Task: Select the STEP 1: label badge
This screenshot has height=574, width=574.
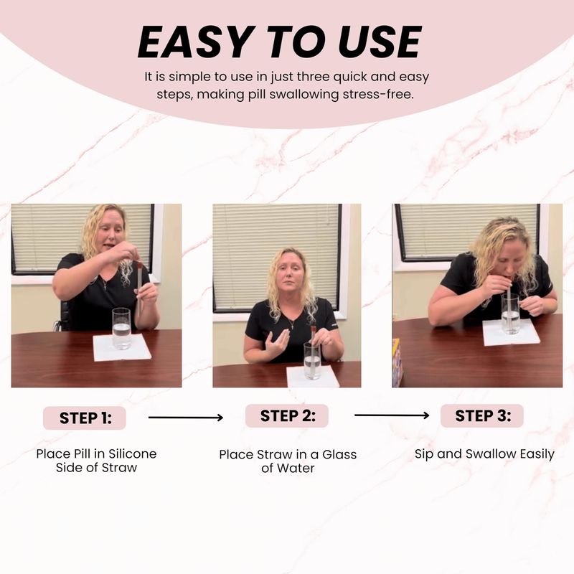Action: click(85, 418)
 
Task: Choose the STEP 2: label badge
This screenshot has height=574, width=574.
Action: click(287, 415)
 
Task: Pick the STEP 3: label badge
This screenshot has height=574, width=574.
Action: click(482, 415)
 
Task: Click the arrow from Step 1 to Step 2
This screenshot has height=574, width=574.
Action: click(186, 418)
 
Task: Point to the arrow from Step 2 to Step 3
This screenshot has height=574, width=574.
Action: click(392, 415)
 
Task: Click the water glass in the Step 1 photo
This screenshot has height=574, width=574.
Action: click(121, 329)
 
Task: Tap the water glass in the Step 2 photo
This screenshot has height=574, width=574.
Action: click(312, 361)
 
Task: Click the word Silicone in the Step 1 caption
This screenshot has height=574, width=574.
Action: click(133, 453)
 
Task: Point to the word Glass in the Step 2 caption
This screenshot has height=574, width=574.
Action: click(339, 454)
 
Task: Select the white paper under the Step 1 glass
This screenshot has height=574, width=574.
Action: click(122, 347)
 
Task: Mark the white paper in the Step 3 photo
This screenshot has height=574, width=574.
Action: click(511, 332)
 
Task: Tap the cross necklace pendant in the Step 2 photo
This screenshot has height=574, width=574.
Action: click(292, 325)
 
